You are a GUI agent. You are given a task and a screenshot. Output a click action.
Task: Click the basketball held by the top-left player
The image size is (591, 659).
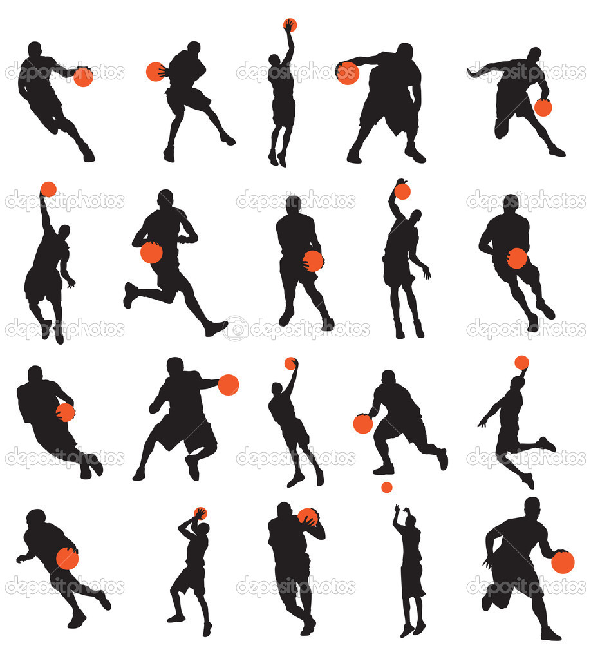point(83,77)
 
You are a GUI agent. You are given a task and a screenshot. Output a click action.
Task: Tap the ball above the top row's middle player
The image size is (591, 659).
point(290,24)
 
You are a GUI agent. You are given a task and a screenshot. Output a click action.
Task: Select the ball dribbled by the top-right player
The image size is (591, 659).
point(543,108)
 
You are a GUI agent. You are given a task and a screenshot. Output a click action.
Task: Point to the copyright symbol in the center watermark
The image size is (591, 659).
point(236,329)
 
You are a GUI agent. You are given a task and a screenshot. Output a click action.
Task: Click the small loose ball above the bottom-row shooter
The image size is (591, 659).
point(386,487)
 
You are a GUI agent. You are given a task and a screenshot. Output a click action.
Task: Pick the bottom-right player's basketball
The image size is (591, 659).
point(563,562)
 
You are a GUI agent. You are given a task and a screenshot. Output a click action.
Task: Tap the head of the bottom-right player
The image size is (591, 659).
point(532,506)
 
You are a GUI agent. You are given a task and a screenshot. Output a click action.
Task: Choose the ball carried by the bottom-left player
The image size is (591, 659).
point(67,559)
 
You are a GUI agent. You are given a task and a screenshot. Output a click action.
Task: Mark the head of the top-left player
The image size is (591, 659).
point(35,50)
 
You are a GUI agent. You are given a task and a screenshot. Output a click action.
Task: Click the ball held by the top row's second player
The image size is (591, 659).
point(155,72)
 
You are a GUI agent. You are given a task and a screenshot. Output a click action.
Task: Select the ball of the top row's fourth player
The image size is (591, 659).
point(348,73)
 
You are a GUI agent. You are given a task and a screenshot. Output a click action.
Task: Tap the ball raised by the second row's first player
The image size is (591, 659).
point(48,189)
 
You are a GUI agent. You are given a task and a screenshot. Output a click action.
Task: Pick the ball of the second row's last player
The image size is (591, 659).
point(516,258)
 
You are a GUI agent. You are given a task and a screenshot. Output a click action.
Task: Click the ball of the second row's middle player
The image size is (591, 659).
point(313,261)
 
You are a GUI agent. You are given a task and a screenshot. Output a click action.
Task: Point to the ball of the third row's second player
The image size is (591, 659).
point(228,385)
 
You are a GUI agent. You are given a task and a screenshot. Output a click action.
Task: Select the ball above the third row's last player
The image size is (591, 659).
point(521,362)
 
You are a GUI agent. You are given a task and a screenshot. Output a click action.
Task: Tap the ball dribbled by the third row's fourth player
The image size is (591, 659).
point(363,424)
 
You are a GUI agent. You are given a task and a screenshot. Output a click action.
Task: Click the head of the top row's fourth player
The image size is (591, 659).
point(404,51)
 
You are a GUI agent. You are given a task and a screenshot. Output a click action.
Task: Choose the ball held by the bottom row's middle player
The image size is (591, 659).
point(307,517)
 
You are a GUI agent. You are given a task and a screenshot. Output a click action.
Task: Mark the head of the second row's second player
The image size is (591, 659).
point(165,198)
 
